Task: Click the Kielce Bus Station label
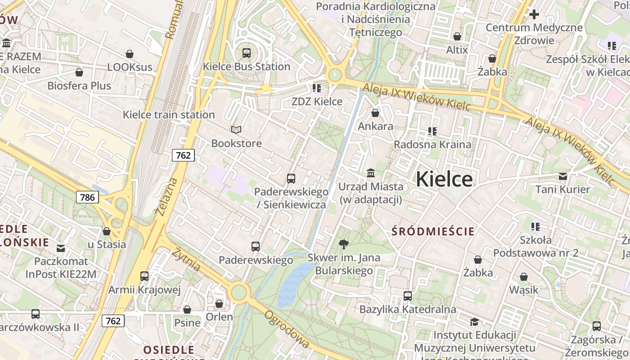(247, 67)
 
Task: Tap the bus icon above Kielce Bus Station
(247, 53)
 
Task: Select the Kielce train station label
(169, 115)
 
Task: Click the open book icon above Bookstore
(236, 130)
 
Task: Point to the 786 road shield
(87, 197)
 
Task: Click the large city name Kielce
(444, 180)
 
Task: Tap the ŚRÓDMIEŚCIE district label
(433, 232)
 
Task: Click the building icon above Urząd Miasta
(371, 173)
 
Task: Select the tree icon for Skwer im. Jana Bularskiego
(344, 244)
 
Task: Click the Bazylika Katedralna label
(408, 310)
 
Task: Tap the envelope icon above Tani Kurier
(563, 176)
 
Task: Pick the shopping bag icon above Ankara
(375, 113)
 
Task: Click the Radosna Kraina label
(432, 144)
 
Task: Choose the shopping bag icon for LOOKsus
(130, 54)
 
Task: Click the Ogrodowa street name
(287, 329)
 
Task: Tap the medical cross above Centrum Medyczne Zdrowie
(534, 14)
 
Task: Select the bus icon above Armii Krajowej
(144, 276)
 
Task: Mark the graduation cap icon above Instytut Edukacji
(474, 322)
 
